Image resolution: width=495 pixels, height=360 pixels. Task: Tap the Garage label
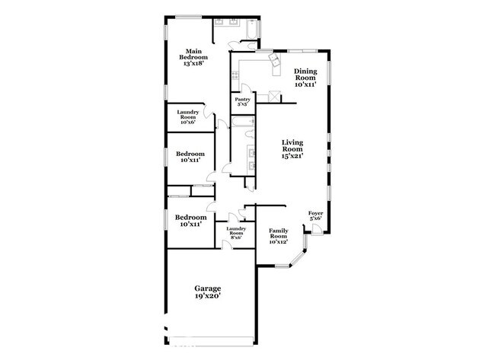tap(207, 288)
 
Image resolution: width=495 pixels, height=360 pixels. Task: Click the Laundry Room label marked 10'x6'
tap(188, 115)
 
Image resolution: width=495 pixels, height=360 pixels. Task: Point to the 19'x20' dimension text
tap(207, 298)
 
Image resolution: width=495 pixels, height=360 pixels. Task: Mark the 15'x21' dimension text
tap(292, 156)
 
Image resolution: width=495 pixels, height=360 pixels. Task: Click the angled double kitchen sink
tap(272, 65)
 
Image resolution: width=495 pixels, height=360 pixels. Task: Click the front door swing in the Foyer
tap(317, 229)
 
